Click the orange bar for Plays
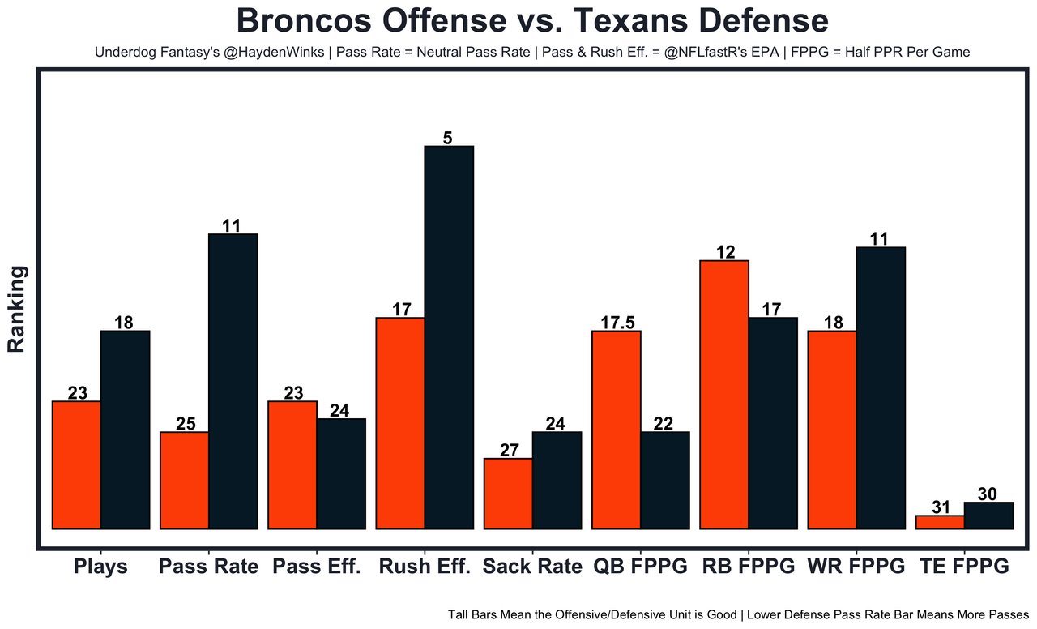[76, 464]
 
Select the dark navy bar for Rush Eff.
[449, 337]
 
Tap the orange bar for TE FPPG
[940, 522]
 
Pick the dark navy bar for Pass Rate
[233, 381]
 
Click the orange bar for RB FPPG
[724, 395]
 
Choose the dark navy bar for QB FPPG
[665, 480]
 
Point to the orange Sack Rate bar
[508, 494]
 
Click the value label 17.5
[617, 322]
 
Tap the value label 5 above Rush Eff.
[447, 139]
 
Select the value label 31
[941, 507]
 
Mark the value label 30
[987, 494]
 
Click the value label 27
[509, 451]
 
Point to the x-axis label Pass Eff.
[316, 567]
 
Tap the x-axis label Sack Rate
[532, 567]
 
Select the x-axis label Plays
[100, 567]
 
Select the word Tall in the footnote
[460, 614]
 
